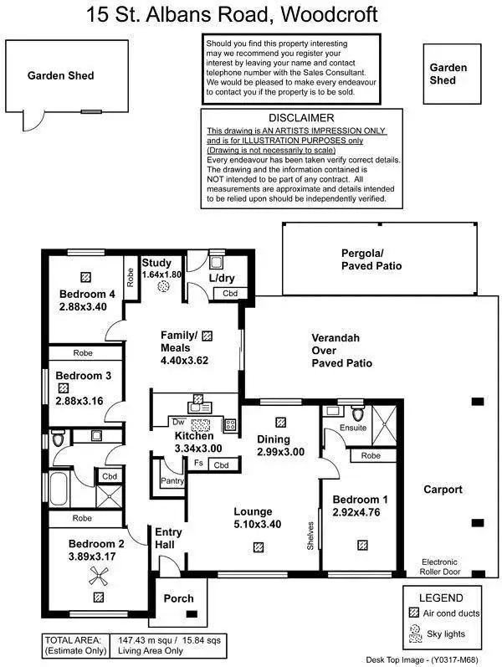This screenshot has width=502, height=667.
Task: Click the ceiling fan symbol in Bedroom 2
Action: coord(99,574)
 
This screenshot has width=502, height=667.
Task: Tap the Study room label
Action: coord(156,262)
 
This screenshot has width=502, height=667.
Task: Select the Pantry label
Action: coord(172,481)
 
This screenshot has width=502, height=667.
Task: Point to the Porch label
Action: coord(179,598)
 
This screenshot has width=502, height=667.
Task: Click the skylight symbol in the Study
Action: coord(165,286)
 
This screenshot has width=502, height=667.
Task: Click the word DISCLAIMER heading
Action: coord(301,118)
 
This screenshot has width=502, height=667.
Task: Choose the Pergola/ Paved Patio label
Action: coord(371,259)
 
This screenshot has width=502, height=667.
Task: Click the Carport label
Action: coord(443,490)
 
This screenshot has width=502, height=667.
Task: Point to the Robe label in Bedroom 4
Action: coord(131,277)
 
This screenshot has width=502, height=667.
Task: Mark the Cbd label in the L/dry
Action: coord(228,294)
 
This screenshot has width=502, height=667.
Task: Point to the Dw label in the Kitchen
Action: coord(178,422)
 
